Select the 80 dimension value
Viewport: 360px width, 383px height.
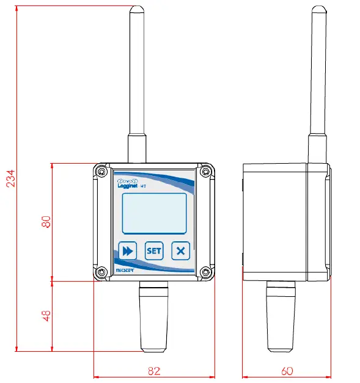[x=46, y=221]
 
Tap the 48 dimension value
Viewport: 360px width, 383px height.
[x=46, y=316]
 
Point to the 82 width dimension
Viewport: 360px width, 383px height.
[x=155, y=370]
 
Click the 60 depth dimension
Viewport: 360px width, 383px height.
[x=287, y=370]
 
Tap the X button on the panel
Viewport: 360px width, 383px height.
[x=180, y=250]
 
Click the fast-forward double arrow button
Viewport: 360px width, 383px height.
[x=127, y=250]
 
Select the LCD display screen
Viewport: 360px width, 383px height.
[x=154, y=214]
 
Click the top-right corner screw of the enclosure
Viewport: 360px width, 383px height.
[x=207, y=172]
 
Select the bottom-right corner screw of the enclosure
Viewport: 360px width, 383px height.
[x=207, y=272]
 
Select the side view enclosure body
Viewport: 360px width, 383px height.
[x=278, y=221]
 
